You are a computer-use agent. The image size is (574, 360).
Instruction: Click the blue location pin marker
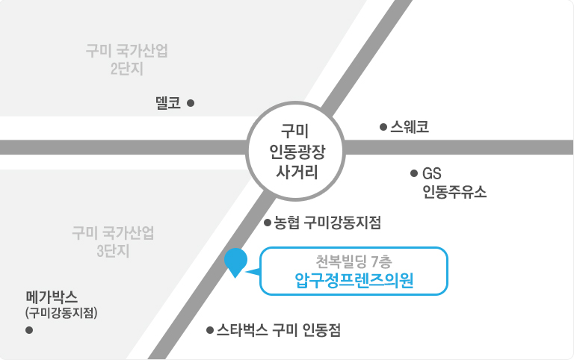coord(235,261)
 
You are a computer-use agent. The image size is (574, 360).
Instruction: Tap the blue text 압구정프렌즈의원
coord(354,281)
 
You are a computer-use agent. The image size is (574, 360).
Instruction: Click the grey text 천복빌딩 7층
coord(354,261)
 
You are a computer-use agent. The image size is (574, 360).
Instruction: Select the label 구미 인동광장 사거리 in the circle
coord(297,151)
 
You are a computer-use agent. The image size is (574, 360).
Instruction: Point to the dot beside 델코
coord(191,103)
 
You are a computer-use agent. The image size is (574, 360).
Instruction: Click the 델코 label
coord(168,103)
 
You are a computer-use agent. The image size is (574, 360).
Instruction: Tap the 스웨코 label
coord(410,127)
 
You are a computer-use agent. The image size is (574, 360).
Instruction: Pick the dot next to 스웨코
coord(383,127)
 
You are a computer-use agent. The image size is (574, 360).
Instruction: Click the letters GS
coord(431,173)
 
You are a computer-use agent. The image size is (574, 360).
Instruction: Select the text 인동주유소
coord(454,191)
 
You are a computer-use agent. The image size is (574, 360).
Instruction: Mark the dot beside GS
coord(414,173)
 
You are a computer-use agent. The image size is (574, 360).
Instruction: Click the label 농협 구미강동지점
coord(327,223)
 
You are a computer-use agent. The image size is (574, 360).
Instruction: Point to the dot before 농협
coord(268,223)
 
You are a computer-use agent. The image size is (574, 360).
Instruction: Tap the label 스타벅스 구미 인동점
coord(279,330)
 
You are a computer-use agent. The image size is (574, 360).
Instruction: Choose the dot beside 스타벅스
coord(210,330)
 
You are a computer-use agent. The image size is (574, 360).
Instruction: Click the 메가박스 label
coord(52,297)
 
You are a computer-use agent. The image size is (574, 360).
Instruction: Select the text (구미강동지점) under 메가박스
coord(61,313)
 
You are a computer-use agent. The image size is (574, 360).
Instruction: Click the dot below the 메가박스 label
coord(29,330)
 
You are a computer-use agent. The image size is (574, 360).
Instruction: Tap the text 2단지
coord(126,69)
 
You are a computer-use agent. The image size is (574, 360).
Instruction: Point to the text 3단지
coord(113,251)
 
